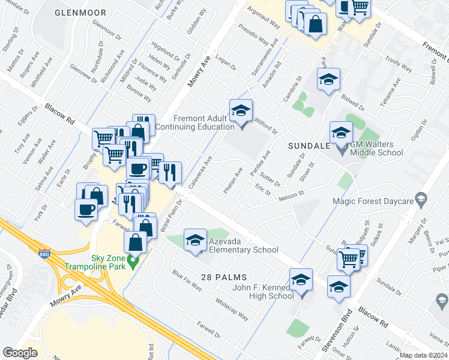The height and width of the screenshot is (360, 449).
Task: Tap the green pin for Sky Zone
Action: (134, 262)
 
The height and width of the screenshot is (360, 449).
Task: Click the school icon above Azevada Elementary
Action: (194, 241)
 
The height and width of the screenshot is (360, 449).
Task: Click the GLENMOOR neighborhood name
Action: (80, 13)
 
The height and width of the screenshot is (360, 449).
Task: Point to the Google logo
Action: (20, 352)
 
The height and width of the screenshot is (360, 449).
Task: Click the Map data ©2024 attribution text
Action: (423, 355)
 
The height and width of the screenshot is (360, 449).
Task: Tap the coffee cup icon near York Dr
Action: (85, 209)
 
